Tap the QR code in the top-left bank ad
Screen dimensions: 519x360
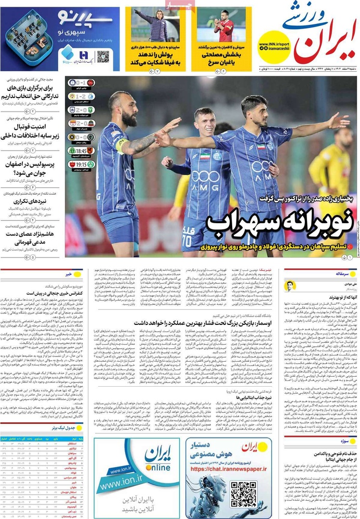(x=103, y=57)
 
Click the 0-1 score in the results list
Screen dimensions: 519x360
(x=78, y=83)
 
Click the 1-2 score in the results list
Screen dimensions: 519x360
(x=78, y=97)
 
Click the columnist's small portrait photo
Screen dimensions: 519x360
(x=289, y=286)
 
